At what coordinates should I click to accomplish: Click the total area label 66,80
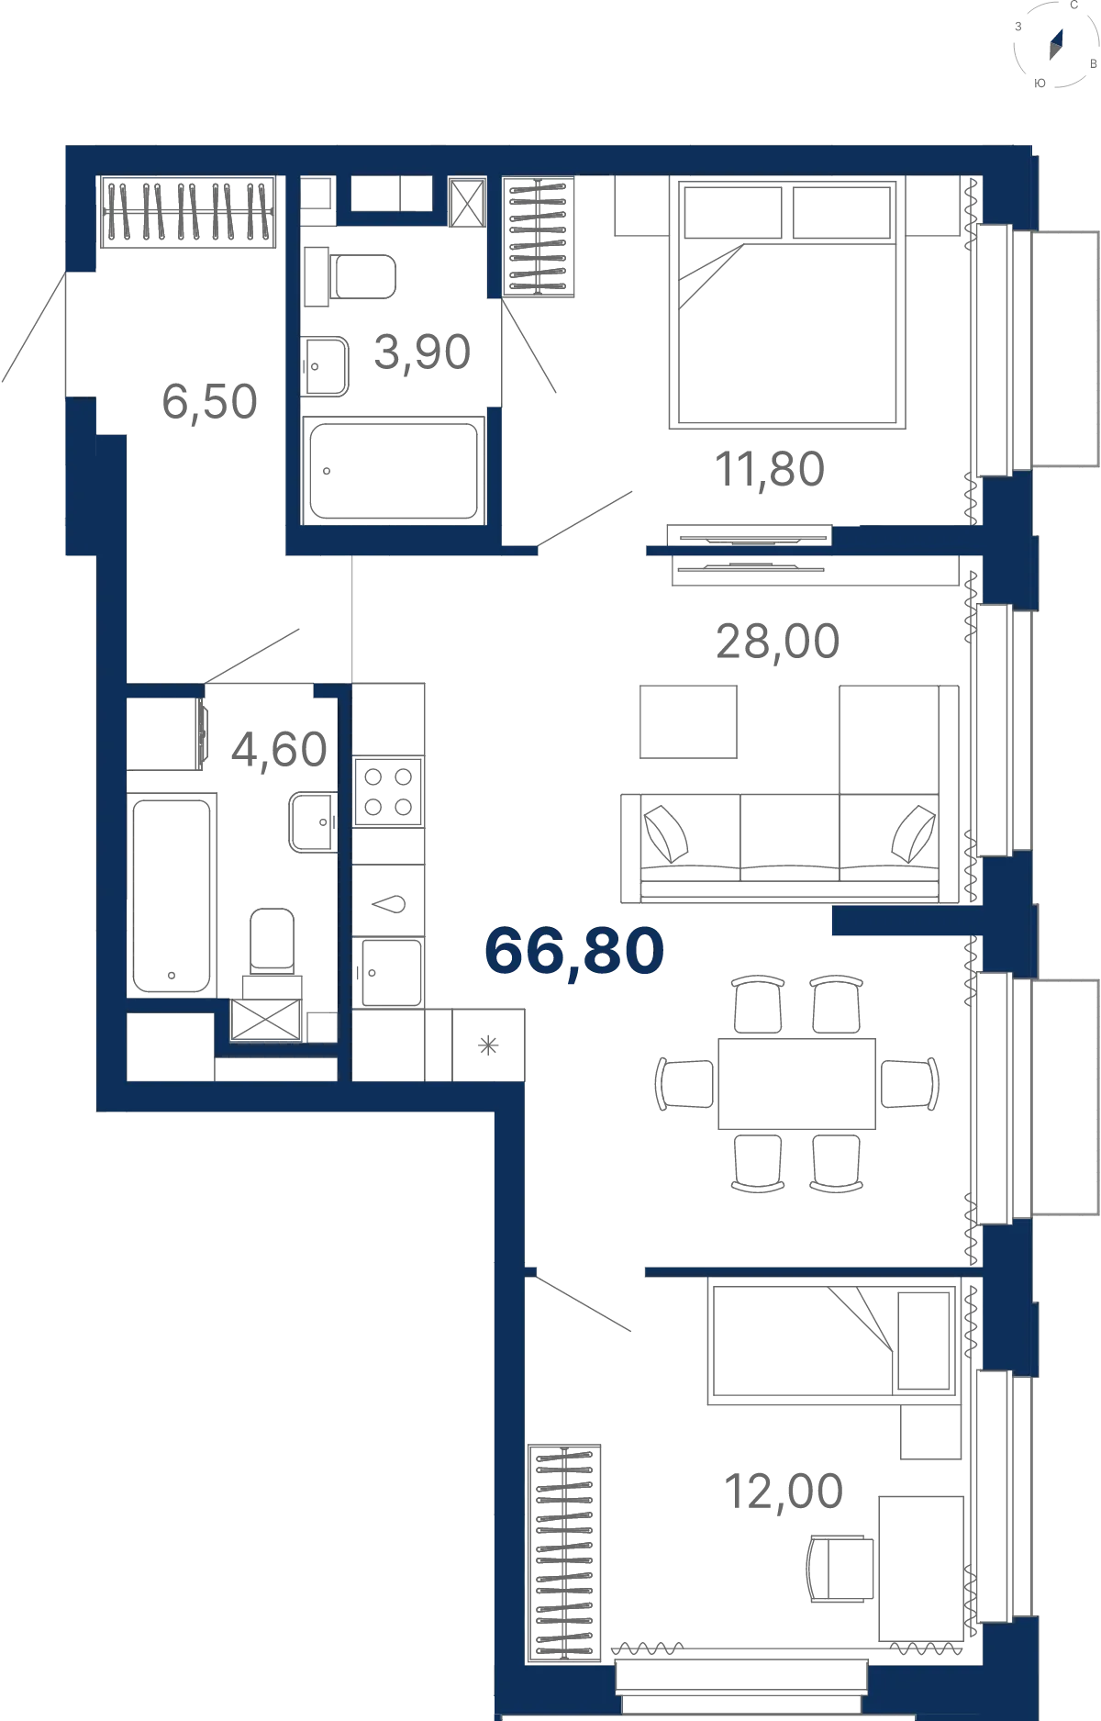click(574, 952)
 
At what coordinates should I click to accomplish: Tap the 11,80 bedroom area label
click(770, 470)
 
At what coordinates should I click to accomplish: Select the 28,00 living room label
click(777, 642)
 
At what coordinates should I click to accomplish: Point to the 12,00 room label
click(784, 1492)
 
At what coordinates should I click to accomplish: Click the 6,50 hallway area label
click(209, 402)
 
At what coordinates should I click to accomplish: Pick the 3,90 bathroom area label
click(422, 352)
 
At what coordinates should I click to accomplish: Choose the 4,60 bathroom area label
click(279, 750)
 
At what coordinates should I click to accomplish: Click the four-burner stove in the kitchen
click(388, 792)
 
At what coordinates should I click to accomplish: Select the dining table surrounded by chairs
click(796, 1084)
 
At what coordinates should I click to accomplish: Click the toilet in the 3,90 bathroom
click(350, 276)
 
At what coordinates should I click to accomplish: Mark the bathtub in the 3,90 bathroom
click(394, 471)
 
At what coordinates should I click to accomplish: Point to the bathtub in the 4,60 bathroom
click(172, 896)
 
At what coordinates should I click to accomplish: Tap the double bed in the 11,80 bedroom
click(787, 303)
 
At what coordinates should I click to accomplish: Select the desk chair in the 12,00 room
click(840, 1569)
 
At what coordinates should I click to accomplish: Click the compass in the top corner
click(1056, 44)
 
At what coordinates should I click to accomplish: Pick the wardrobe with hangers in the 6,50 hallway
click(187, 212)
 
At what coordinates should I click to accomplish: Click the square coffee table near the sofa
click(688, 721)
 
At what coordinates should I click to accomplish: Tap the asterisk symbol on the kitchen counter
click(488, 1045)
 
